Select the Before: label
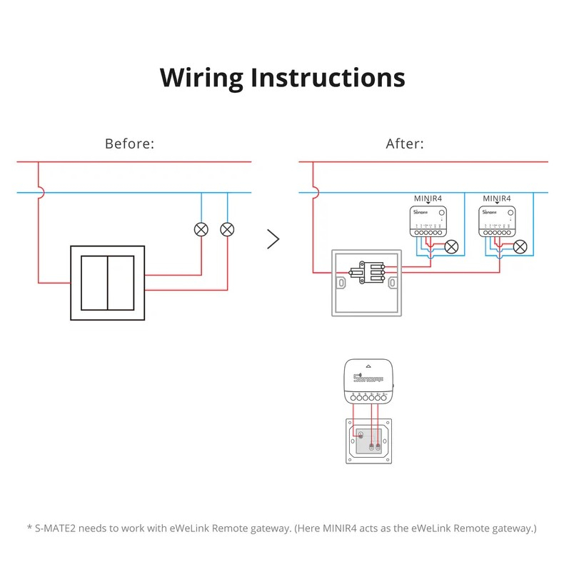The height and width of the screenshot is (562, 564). (129, 144)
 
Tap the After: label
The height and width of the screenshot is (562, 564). (405, 144)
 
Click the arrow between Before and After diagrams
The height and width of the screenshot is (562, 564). (273, 239)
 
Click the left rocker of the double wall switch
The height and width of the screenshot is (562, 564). (94, 283)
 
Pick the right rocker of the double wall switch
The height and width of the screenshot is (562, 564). (121, 283)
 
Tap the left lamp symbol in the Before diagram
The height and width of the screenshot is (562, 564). (201, 229)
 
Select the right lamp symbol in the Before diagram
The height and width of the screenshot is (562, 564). (227, 229)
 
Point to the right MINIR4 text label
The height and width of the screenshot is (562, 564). (498, 198)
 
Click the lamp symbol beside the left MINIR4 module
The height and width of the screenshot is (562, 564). (451, 247)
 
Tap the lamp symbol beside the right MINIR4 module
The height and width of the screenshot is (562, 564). (520, 247)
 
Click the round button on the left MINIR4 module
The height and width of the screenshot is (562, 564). (442, 212)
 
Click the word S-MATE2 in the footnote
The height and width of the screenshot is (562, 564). (59, 528)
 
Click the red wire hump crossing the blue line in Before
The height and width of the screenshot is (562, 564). (40, 192)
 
